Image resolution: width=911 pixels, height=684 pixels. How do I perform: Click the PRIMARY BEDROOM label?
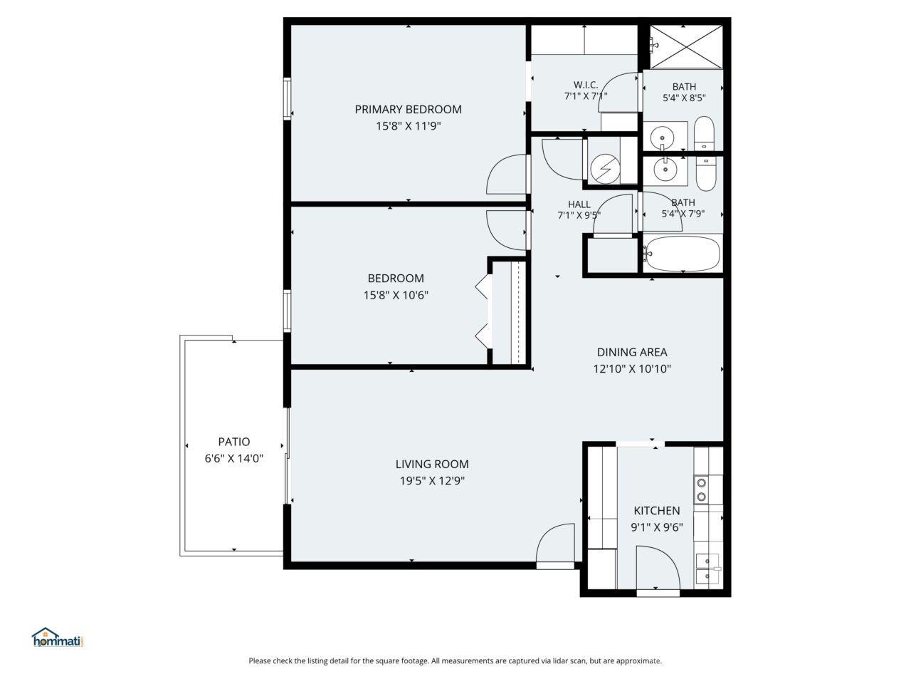[408, 109]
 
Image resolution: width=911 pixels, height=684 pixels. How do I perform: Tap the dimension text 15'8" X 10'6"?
[396, 295]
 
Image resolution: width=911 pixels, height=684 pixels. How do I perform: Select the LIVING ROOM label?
[432, 465]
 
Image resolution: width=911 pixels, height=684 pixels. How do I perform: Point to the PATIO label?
[233, 442]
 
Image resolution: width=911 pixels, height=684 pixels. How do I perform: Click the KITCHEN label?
[656, 511]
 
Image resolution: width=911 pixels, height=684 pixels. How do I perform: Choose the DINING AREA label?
[631, 352]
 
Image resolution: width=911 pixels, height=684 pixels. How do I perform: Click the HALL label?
[579, 204]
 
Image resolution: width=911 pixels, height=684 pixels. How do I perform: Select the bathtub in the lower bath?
[683, 253]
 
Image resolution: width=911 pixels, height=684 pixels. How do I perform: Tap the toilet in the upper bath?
[704, 133]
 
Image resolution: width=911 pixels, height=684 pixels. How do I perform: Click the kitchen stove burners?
[701, 489]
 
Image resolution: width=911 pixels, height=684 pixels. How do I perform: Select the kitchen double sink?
[707, 569]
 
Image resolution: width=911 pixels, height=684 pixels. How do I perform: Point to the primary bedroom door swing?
[507, 175]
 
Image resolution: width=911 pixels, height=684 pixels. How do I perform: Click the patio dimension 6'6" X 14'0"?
[233, 459]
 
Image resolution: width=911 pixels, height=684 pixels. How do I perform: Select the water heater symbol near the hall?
[605, 169]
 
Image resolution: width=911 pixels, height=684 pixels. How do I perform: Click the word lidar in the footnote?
[565, 661]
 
